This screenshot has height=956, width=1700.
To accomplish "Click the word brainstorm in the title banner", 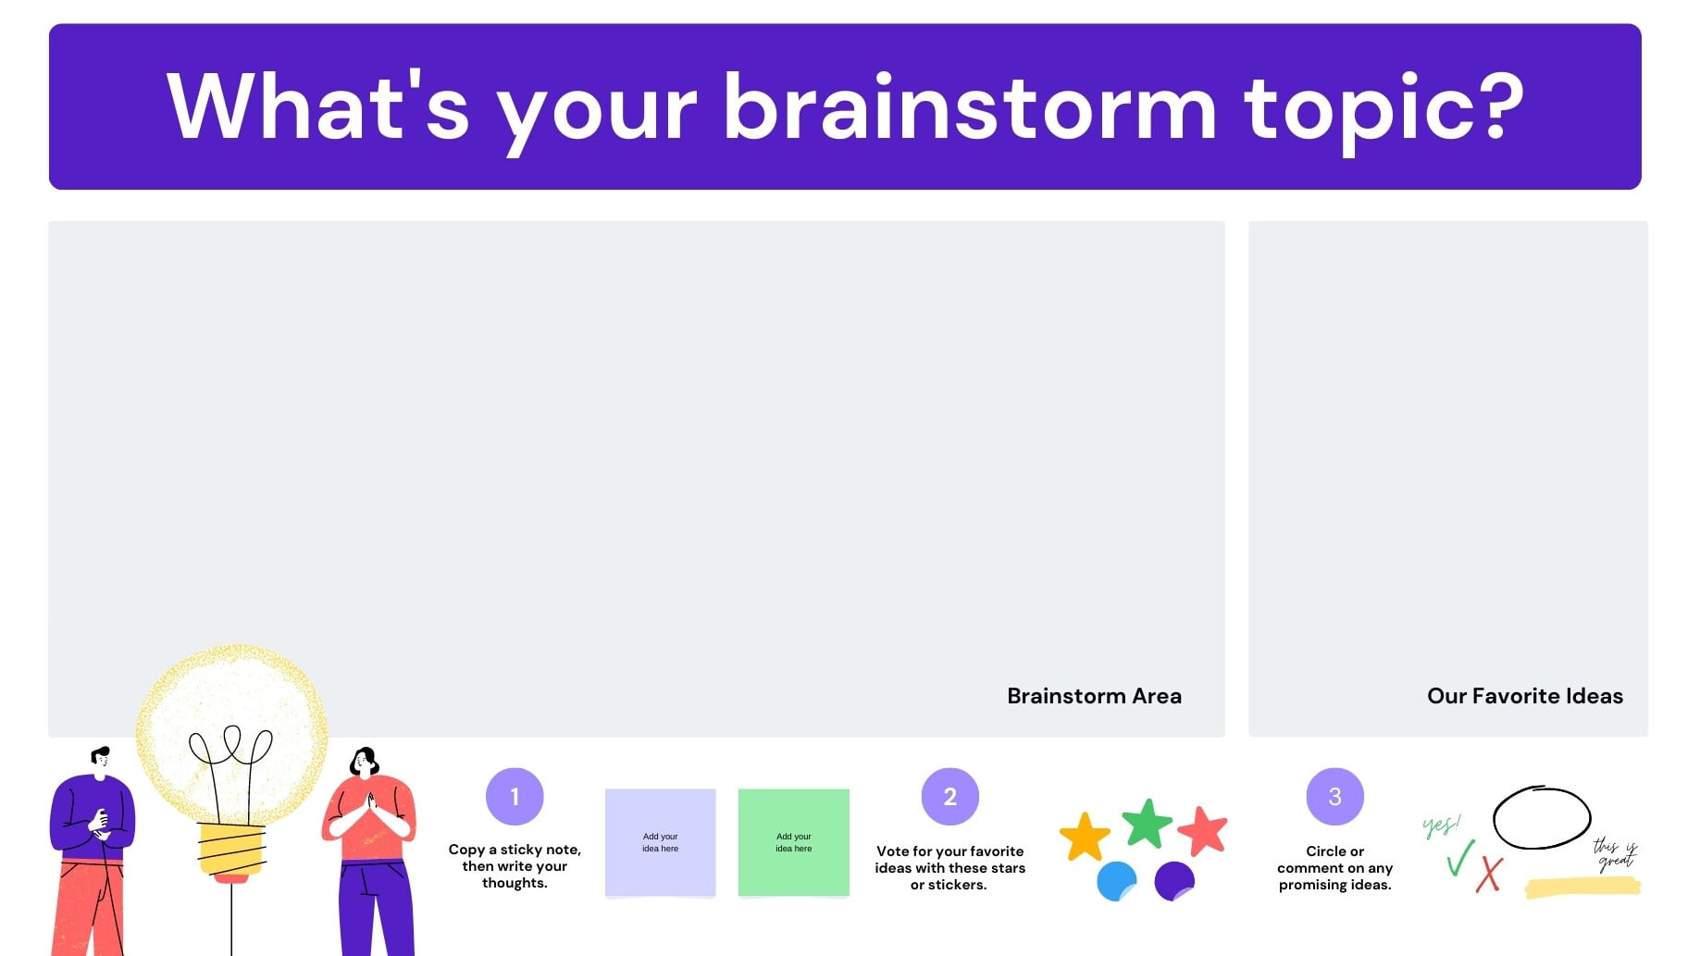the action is [969, 107].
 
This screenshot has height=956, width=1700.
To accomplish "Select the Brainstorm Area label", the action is [1094, 696].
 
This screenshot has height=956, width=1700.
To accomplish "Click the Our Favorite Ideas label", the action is [1525, 696].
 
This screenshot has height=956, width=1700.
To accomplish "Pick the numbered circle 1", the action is [515, 797].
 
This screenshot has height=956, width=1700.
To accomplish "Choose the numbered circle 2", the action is [950, 797].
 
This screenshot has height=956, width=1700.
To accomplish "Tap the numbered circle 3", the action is [1335, 797].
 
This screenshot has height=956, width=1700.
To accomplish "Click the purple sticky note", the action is [661, 843].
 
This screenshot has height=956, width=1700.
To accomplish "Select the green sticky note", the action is [794, 843].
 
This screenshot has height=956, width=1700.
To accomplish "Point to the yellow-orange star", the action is [1085, 838].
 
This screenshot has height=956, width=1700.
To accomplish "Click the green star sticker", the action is [1148, 824].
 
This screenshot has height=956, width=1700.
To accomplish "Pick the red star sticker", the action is [1203, 831].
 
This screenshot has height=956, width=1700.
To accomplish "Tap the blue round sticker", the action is [1116, 881].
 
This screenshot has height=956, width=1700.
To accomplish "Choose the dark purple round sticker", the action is [1174, 881].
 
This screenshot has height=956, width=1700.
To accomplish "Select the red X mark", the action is [1489, 875].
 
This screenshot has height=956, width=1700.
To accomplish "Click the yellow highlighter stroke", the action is [1582, 888].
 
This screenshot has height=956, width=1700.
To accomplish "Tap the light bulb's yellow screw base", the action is [232, 850].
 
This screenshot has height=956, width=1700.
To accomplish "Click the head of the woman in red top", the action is [365, 762].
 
